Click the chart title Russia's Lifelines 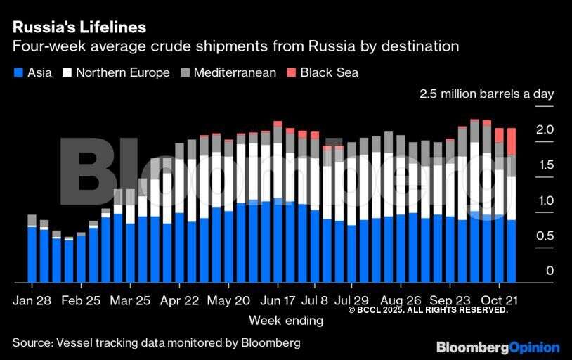point(79,27)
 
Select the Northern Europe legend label point(122,72)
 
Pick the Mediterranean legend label point(234,72)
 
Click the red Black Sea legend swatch point(291,72)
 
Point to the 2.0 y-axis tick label point(545,129)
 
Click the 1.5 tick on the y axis point(545,165)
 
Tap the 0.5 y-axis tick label point(545,236)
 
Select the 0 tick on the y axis point(550,271)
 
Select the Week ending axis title point(286,321)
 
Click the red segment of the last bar point(512,141)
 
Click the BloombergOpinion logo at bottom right point(498,347)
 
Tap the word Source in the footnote point(32,342)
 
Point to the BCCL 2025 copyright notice point(427,310)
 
